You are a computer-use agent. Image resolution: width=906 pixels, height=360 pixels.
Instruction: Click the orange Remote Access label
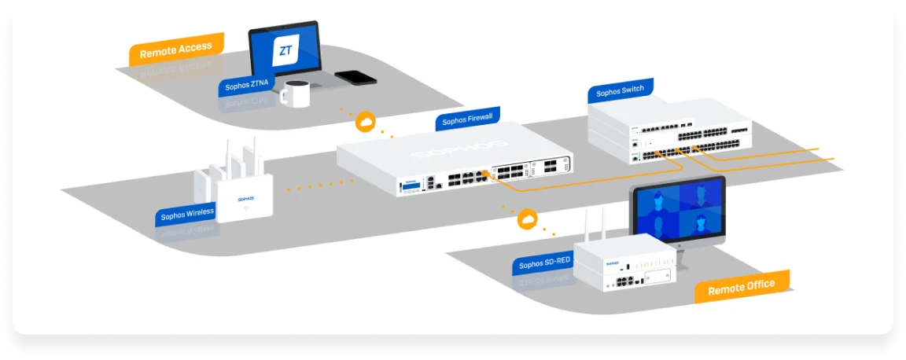click(x=176, y=50)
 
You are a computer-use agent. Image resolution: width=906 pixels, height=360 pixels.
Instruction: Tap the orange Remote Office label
click(x=741, y=287)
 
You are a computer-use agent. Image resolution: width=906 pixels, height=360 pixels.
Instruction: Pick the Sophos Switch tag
click(x=620, y=92)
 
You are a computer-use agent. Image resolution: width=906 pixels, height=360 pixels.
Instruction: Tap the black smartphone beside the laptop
click(x=355, y=77)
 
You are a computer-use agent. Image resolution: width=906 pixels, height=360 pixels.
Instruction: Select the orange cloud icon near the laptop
click(x=366, y=122)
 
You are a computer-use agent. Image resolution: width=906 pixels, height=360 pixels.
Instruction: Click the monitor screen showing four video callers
click(x=679, y=209)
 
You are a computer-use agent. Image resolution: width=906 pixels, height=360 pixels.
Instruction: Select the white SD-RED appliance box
click(x=625, y=263)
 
